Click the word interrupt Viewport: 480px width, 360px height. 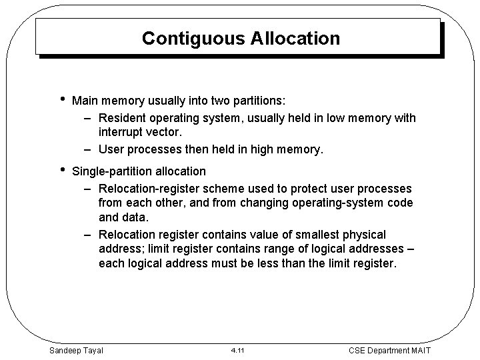pyautogui.click(x=122, y=133)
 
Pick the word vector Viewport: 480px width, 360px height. pyautogui.click(x=163, y=133)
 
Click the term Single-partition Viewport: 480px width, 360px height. pyautogui.click(x=112, y=172)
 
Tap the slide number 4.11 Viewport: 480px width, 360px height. pyautogui.click(x=238, y=350)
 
